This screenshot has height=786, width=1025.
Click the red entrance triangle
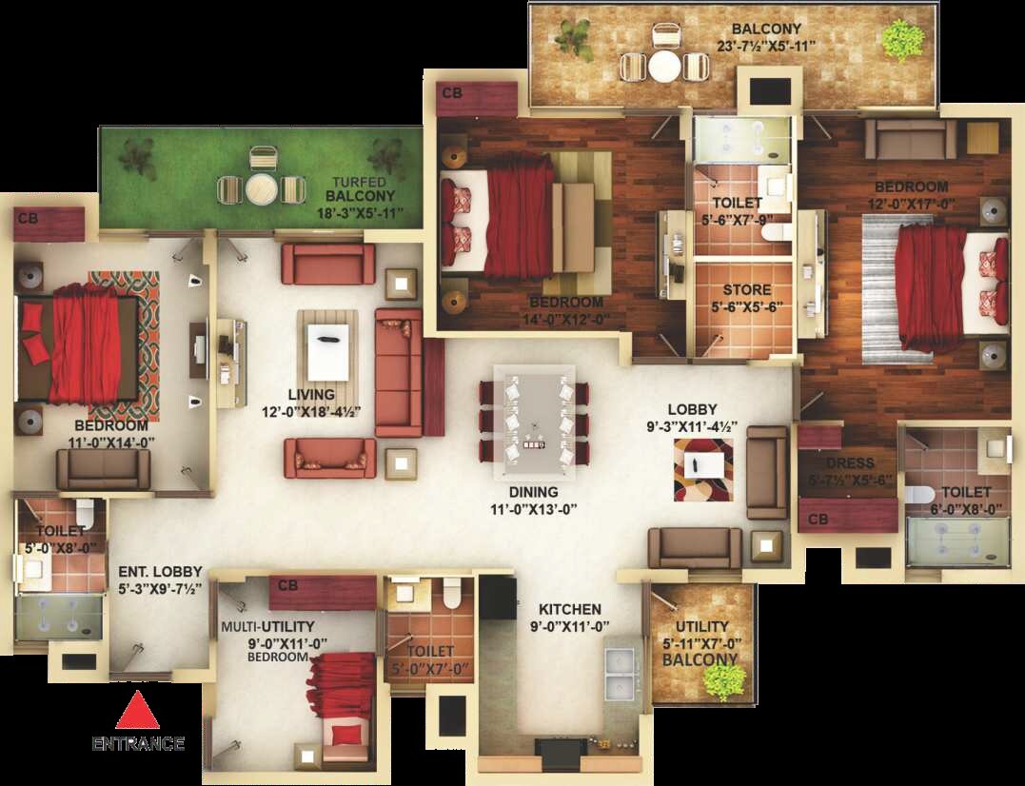[x=137, y=711]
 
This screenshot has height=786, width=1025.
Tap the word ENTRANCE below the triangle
[x=138, y=743]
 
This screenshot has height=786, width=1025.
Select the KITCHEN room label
[x=570, y=609]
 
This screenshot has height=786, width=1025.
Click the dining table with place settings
[x=534, y=420]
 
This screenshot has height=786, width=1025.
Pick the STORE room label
[x=747, y=289]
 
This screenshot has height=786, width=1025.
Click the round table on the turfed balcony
[x=261, y=189]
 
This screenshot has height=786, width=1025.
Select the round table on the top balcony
[x=665, y=67]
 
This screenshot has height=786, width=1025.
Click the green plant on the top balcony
[x=901, y=41]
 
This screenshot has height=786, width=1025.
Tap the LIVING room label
[x=312, y=394]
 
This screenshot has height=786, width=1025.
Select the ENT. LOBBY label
[x=160, y=572]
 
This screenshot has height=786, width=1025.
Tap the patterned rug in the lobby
[x=703, y=468]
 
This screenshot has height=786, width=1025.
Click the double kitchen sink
[x=621, y=673]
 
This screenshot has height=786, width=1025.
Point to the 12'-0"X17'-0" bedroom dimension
[x=911, y=204]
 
